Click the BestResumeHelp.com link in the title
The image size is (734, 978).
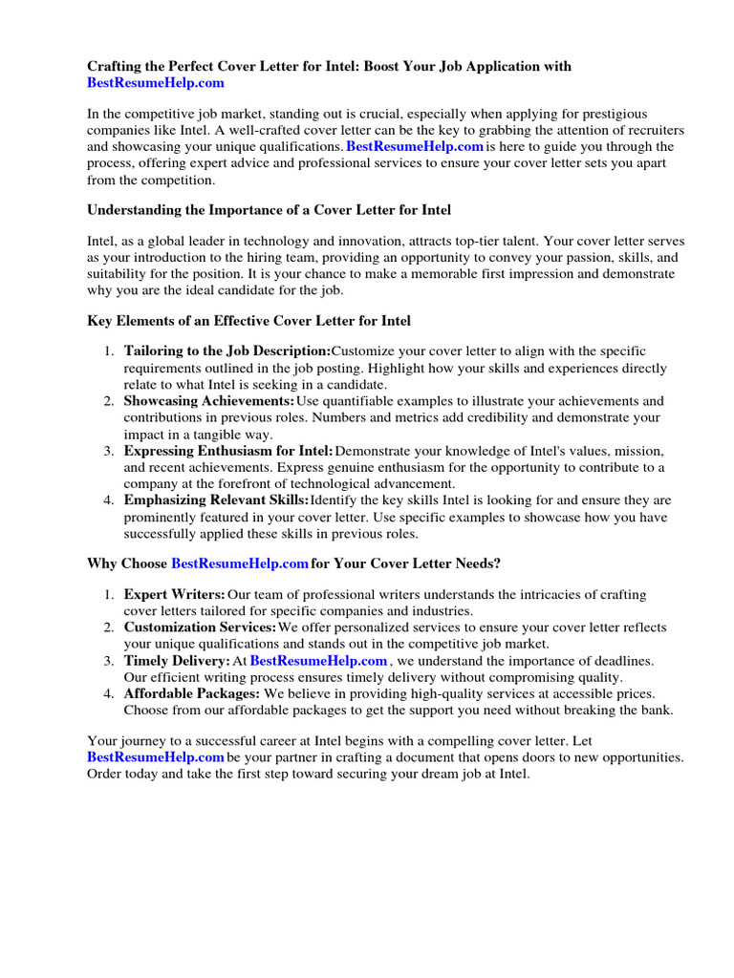pos(156,83)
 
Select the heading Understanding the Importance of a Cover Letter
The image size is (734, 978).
pos(269,209)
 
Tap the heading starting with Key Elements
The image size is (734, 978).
pos(248,321)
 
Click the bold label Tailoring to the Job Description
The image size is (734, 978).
pos(227,351)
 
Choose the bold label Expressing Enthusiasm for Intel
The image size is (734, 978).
pos(228,451)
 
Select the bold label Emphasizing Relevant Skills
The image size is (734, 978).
pos(217,500)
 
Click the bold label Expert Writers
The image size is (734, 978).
pos(175,595)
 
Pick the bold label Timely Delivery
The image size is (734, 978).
pos(177,661)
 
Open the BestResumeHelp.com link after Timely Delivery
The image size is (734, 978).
pos(318,661)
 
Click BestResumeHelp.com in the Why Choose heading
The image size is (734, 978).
pos(240,563)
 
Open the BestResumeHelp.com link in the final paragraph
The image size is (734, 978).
pos(156,757)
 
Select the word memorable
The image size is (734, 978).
pos(511,274)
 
